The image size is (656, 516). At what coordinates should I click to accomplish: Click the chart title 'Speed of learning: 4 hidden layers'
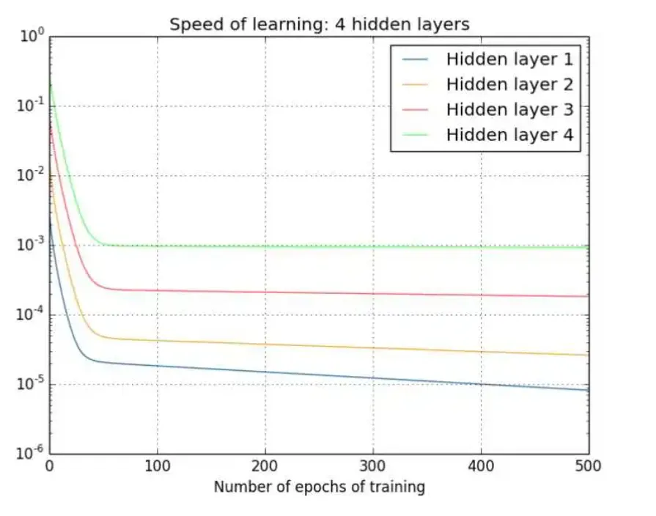[x=319, y=24]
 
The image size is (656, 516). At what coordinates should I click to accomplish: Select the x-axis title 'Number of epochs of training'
[x=319, y=486]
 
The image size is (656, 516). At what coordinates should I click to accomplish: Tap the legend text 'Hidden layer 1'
[x=509, y=59]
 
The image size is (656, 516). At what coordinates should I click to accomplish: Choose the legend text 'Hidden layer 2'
[x=509, y=84]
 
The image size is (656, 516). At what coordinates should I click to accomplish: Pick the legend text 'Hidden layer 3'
[x=509, y=109]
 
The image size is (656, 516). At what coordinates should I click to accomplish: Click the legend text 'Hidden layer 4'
[x=509, y=135]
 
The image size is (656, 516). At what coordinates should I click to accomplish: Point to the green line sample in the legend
[x=416, y=135]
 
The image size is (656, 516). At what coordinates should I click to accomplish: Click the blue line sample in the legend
[x=416, y=59]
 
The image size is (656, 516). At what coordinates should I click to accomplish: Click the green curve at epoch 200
[x=265, y=246]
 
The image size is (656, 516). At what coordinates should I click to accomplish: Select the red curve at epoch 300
[x=373, y=293]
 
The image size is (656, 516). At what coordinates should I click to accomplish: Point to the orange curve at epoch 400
[x=481, y=351]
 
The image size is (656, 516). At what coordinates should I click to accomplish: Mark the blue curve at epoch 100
[x=157, y=366]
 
